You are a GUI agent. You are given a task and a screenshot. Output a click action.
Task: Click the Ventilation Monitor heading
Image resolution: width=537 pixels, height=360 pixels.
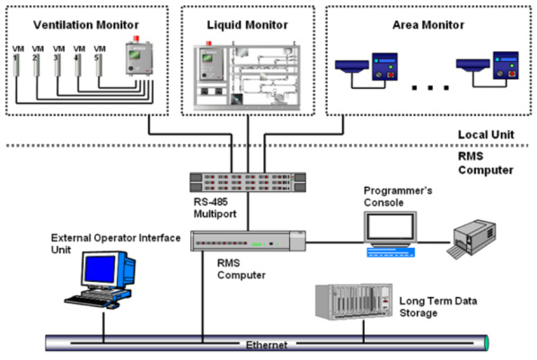click(86, 25)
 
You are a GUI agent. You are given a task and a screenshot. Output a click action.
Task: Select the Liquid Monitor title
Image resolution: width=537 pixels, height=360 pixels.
click(247, 25)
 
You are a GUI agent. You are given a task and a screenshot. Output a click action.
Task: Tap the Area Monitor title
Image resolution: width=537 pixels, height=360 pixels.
click(428, 25)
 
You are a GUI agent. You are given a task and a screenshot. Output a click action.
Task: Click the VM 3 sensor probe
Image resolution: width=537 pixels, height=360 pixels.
click(57, 65)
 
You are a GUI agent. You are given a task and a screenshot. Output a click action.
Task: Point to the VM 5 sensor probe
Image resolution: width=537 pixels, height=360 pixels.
click(99, 65)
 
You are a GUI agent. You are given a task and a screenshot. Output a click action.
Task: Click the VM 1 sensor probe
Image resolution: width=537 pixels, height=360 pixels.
click(16, 65)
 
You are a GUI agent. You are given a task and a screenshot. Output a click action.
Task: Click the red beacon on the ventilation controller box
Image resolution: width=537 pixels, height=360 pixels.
click(136, 38)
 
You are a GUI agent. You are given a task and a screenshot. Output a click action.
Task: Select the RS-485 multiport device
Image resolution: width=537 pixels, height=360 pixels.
click(248, 182)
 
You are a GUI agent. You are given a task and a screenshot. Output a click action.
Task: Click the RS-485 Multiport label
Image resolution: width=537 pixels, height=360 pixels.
click(216, 208)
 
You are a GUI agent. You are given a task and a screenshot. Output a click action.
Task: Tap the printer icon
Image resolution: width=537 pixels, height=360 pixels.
click(471, 239)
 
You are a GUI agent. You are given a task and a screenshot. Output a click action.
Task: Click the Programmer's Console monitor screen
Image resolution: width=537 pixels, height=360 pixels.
click(390, 227)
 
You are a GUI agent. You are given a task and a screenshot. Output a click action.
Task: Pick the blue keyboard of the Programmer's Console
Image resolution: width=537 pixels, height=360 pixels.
click(391, 252)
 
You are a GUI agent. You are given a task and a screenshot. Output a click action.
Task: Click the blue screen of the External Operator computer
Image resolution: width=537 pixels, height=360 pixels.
click(100, 269)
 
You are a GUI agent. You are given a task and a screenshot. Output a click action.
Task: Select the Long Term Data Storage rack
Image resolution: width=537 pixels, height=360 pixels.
click(354, 302)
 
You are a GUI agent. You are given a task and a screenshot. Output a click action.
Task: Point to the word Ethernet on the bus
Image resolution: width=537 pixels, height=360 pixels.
click(267, 345)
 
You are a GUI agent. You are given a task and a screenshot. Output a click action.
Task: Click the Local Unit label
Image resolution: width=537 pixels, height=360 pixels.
click(486, 135)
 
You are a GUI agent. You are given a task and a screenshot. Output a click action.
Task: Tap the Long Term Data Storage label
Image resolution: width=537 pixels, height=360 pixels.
click(438, 307)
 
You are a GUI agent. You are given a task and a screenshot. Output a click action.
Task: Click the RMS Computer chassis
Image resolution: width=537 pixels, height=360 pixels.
click(248, 241)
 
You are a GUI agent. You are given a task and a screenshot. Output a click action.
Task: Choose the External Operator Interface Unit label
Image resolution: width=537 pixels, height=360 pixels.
click(116, 243)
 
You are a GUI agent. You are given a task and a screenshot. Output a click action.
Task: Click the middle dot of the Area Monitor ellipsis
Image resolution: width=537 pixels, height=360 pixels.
click(430, 88)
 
